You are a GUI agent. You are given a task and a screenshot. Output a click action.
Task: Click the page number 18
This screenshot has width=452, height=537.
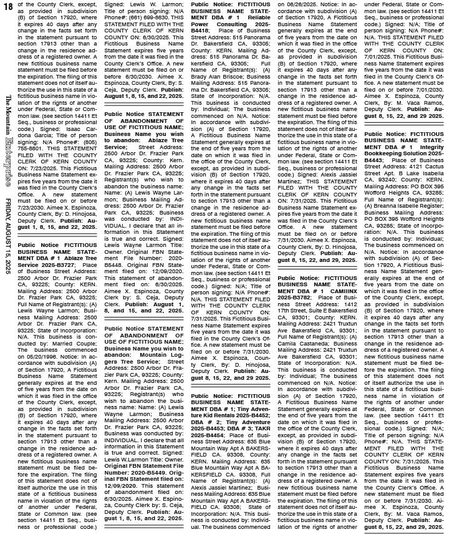coord(7,6)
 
